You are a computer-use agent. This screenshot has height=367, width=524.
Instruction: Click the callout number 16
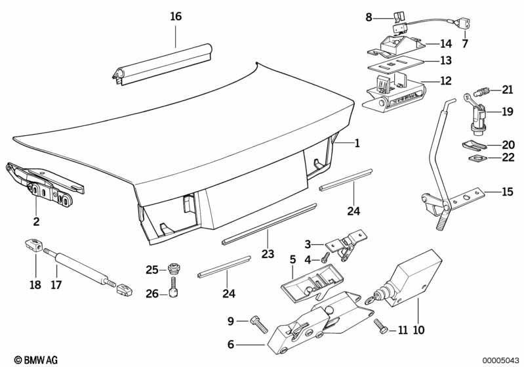(x=176, y=16)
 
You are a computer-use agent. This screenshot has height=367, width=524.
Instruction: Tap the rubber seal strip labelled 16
(x=162, y=64)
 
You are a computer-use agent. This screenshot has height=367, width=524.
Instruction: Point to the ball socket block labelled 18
(x=34, y=245)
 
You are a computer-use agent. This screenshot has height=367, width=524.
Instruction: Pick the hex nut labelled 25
(x=173, y=268)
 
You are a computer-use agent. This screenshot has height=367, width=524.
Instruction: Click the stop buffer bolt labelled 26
(x=173, y=287)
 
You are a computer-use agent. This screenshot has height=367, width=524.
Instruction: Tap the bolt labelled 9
(x=259, y=324)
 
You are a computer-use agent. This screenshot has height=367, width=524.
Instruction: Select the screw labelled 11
(x=381, y=326)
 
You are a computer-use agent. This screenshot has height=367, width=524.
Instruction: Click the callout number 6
(x=231, y=344)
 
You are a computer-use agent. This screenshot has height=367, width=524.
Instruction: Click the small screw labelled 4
(x=325, y=257)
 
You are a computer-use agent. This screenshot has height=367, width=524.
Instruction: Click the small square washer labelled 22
(x=477, y=157)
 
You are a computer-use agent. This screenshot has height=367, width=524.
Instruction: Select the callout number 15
(x=507, y=192)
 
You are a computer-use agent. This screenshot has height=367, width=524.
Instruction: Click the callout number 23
(x=268, y=253)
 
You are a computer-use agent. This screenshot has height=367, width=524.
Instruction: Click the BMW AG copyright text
(x=36, y=360)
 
